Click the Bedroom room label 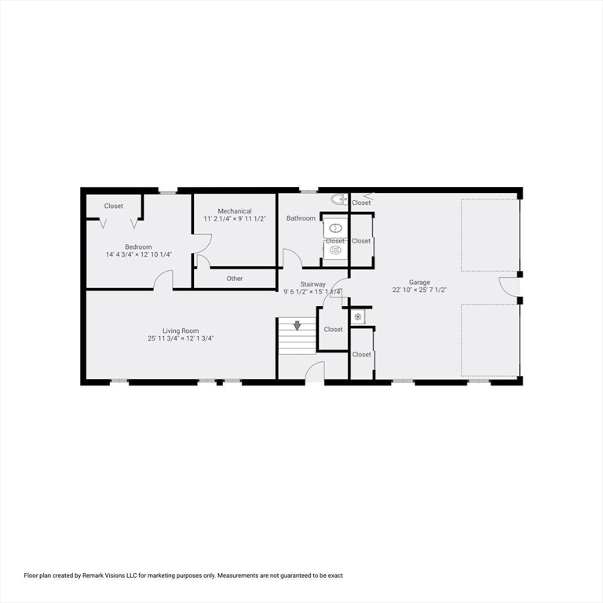(138, 247)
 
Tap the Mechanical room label (235, 211)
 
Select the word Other (235, 279)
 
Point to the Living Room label (181, 331)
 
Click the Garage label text (419, 282)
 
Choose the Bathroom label (301, 218)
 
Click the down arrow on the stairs (297, 325)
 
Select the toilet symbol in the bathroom (338, 199)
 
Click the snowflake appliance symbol (357, 317)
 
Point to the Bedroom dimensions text (138, 254)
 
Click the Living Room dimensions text (181, 338)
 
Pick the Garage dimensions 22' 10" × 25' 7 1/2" (419, 290)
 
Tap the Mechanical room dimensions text (235, 219)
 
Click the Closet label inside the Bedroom (114, 206)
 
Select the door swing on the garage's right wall (509, 287)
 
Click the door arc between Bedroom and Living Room (163, 280)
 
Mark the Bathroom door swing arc (292, 258)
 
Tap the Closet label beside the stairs (333, 330)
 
